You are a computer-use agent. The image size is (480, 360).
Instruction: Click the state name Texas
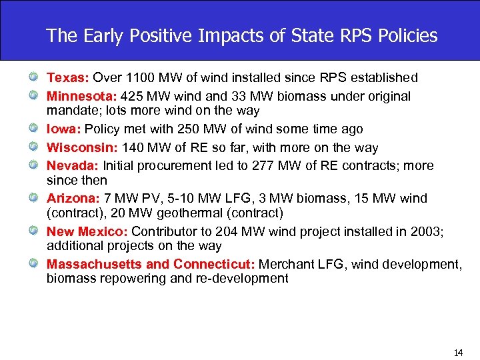pyautogui.click(x=63, y=78)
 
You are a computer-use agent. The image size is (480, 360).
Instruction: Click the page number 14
pyautogui.click(x=457, y=353)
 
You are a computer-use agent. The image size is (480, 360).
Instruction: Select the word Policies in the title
pyautogui.click(x=405, y=35)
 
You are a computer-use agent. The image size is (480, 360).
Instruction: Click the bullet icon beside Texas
pyautogui.click(x=32, y=78)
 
